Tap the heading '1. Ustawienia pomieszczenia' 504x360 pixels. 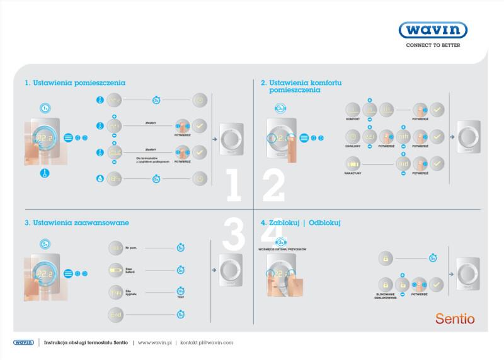[75, 83]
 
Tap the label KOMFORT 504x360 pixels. [353, 119]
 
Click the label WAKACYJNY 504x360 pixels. [353, 172]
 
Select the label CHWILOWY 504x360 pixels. [353, 145]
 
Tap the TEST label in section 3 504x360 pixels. [180, 298]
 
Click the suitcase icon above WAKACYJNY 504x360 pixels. [353, 163]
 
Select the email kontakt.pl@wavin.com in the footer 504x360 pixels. [207, 342]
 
